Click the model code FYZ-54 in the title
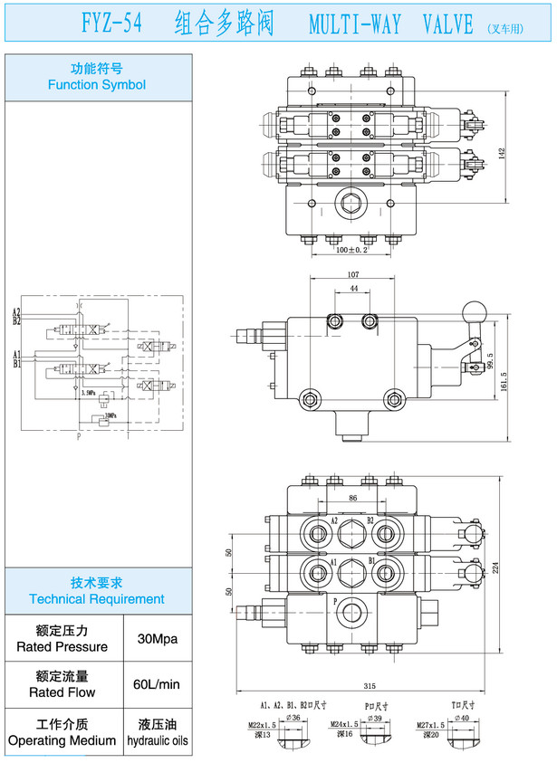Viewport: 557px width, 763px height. [111, 24]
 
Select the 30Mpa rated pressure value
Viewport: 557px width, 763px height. [156, 639]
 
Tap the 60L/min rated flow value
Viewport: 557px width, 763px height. [156, 685]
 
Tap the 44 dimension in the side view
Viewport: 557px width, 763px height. [353, 290]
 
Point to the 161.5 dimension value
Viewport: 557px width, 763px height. [504, 373]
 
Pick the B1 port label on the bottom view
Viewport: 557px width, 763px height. [371, 562]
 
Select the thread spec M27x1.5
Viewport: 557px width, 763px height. [441, 725]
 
